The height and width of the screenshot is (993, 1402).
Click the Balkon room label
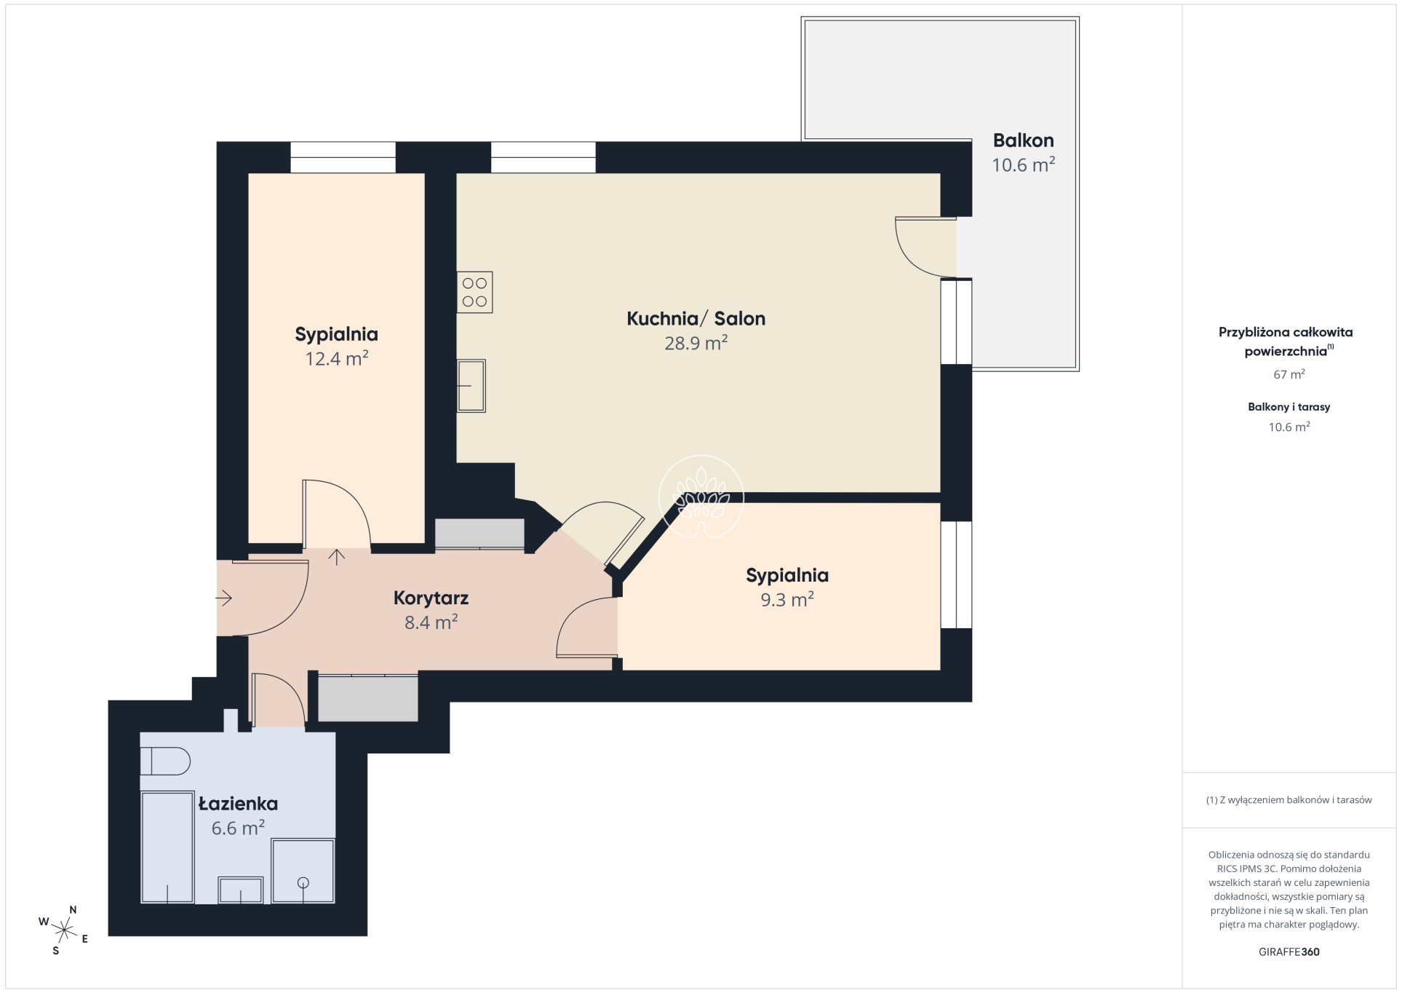[1023, 141]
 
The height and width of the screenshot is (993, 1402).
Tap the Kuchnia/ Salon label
[696, 319]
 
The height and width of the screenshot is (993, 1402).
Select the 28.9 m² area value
[696, 343]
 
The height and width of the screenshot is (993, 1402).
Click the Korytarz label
[431, 598]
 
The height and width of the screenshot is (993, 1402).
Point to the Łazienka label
[238, 804]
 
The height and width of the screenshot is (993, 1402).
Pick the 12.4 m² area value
[337, 358]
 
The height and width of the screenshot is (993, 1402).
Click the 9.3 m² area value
[787, 599]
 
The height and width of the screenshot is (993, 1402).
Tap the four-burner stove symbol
[474, 292]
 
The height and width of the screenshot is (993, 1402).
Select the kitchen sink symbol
[471, 386]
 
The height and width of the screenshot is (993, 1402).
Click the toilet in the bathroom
[165, 761]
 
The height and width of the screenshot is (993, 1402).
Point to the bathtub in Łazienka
[167, 847]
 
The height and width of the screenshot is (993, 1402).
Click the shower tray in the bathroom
[303, 871]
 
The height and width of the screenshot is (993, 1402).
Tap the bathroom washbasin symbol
[241, 890]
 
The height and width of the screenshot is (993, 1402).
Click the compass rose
[65, 930]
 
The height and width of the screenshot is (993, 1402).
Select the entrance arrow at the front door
[223, 598]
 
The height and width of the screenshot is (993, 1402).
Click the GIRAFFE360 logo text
[1289, 952]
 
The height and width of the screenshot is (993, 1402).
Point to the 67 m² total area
[1289, 374]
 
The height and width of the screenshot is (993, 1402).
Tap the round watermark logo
[701, 496]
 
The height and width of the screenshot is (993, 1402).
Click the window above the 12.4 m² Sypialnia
[343, 157]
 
